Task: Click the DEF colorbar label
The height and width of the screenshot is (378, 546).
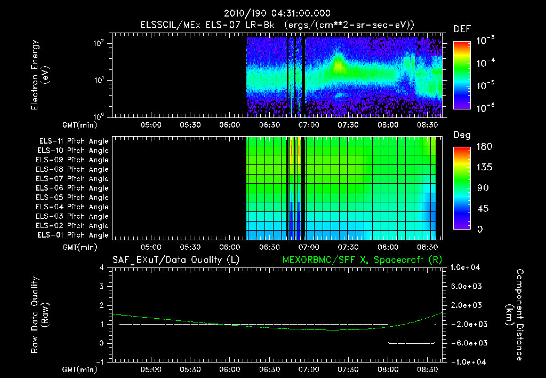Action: click(462, 29)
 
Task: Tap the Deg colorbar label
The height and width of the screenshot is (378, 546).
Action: click(462, 135)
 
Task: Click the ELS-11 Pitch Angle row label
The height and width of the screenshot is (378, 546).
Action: click(74, 141)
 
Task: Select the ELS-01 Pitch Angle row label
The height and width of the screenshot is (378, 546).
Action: click(74, 235)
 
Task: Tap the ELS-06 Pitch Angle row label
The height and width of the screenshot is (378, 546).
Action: click(74, 188)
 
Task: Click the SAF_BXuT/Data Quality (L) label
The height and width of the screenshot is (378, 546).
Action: click(175, 260)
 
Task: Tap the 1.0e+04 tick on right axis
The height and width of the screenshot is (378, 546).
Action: click(466, 267)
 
